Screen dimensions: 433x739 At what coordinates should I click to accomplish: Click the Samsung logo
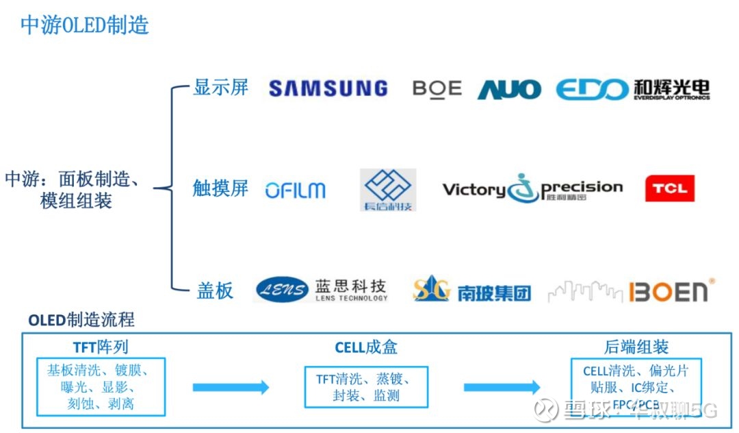click(x=328, y=88)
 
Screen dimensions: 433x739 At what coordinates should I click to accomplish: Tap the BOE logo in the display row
click(x=437, y=89)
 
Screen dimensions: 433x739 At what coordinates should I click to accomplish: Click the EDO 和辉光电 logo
click(x=632, y=89)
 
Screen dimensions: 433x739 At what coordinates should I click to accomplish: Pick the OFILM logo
click(x=296, y=190)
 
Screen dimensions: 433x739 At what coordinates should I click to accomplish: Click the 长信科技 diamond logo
click(x=388, y=189)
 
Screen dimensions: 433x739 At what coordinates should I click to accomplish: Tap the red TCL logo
click(x=670, y=188)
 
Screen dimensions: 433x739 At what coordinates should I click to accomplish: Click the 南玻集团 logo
click(x=471, y=290)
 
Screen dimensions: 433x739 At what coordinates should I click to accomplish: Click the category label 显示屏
click(x=220, y=88)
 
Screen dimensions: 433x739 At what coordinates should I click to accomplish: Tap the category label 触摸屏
click(x=220, y=188)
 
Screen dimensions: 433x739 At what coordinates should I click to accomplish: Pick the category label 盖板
click(x=215, y=290)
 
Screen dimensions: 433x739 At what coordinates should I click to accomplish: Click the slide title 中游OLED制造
click(x=85, y=25)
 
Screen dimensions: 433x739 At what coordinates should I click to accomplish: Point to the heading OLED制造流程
click(x=81, y=319)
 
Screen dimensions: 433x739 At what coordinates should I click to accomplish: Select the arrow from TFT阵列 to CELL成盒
click(x=231, y=388)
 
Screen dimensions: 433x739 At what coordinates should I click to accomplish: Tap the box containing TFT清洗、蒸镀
click(x=366, y=387)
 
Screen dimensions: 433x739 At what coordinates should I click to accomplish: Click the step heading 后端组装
click(x=636, y=347)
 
